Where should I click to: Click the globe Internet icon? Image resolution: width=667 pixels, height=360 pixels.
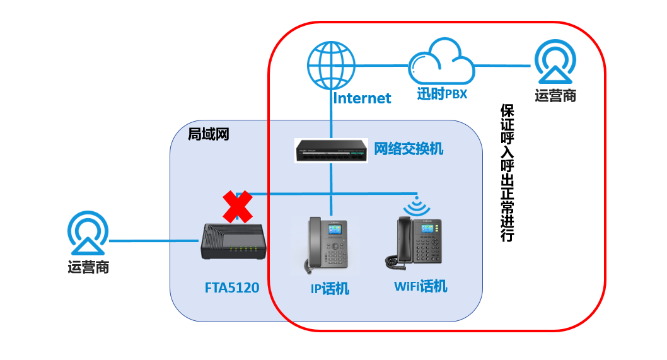point(331,65)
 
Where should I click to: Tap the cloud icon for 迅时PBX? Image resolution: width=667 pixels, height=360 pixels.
point(441,62)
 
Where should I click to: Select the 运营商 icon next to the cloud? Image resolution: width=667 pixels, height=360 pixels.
point(555,62)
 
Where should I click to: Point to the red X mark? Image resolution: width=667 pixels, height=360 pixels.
point(237,206)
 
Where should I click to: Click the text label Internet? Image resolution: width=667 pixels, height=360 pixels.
point(362,98)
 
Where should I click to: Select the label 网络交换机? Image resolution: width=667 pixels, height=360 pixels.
point(409,149)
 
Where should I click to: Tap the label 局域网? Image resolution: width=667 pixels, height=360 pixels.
point(208,134)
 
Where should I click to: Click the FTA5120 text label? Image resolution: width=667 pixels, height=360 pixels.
point(232,287)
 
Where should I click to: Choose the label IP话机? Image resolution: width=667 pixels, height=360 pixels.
point(330,289)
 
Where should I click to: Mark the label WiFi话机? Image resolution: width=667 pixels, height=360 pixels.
point(420,287)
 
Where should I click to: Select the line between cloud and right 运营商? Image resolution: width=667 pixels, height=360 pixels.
point(504,66)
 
